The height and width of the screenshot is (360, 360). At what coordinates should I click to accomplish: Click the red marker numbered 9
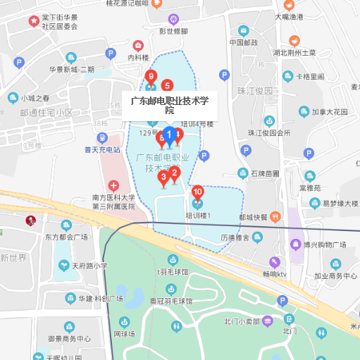click(150, 77)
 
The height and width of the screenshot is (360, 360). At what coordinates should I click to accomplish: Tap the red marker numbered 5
click(167, 86)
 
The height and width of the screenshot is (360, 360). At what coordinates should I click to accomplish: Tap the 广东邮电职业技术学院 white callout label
click(170, 106)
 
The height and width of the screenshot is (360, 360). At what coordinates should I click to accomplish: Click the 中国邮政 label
click(244, 42)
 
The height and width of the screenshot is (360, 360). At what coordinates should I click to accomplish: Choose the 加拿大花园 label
click(330, 111)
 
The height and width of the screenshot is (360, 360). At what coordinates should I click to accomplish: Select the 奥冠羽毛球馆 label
click(170, 300)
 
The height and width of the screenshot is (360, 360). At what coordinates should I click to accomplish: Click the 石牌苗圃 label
click(265, 173)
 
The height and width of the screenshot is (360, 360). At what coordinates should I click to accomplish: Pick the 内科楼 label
click(138, 57)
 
